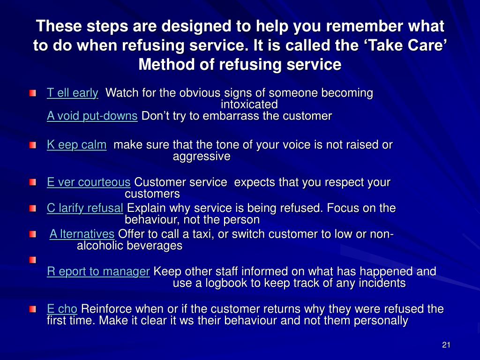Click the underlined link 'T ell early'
pos(72,93)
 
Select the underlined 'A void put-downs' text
pos(92,116)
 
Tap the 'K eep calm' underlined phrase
pos(76,145)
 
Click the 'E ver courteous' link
pos(89,182)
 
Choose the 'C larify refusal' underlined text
pos(85,208)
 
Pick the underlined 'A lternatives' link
pos(82,234)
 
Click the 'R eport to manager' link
pos(98,271)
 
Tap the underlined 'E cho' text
pos(62,309)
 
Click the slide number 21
pos(446,345)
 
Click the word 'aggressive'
pos(202,157)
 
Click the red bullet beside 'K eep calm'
pos(32,145)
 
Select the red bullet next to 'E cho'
pos(32,309)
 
